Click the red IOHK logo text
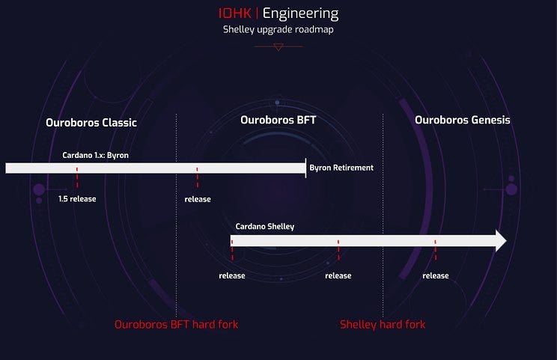point(235,13)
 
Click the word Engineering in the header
point(300,13)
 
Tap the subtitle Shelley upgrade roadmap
point(278,29)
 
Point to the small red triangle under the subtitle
point(278,47)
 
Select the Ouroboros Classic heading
point(91,123)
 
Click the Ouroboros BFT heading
point(278,120)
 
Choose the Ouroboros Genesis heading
point(463,120)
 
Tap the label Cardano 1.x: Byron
point(95,155)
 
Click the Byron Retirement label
point(341,168)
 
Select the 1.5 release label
point(77,199)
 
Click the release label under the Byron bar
point(198,199)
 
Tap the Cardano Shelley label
point(264,227)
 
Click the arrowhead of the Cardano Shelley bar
point(501,241)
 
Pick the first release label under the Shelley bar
point(232,275)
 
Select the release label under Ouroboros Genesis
point(436,275)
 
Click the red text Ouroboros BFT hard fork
point(176,324)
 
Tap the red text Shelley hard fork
point(383,325)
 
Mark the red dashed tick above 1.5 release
point(76,177)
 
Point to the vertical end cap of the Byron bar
point(305,168)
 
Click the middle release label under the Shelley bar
point(338,275)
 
